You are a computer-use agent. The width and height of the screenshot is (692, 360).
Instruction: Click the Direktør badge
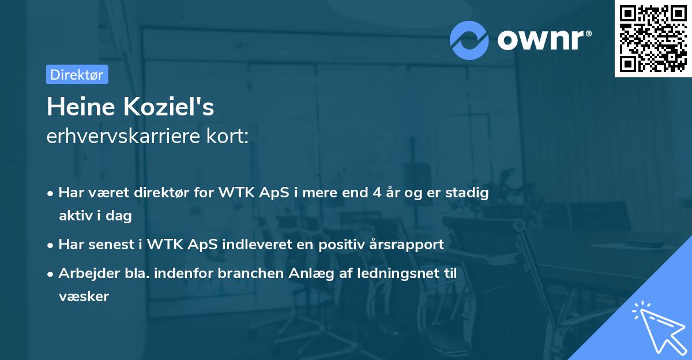tap(77, 74)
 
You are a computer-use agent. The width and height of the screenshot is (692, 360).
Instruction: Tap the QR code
tap(652, 38)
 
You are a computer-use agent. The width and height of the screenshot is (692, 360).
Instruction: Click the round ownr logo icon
tap(469, 40)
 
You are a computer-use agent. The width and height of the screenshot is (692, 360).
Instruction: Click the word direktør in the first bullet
tap(171, 193)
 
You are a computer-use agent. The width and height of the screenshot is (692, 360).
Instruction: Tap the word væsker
tap(84, 297)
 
